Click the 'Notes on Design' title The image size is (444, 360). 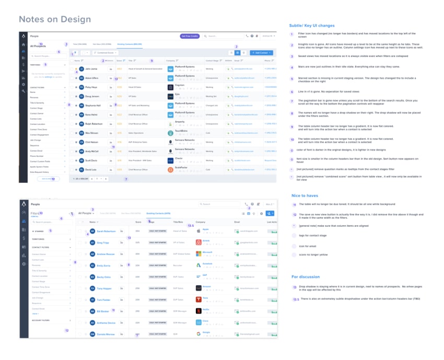pos(55,20)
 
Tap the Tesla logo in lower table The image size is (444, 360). pos(198,299)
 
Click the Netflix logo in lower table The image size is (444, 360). pos(198,311)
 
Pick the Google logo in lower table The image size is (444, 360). pos(198,333)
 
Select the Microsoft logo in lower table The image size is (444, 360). pos(198,253)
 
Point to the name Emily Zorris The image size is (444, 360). pos(103,265)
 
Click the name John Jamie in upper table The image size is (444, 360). pos(91,68)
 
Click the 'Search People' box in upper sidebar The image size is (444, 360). pos(44,55)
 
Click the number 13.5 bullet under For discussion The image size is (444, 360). pos(296,299)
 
